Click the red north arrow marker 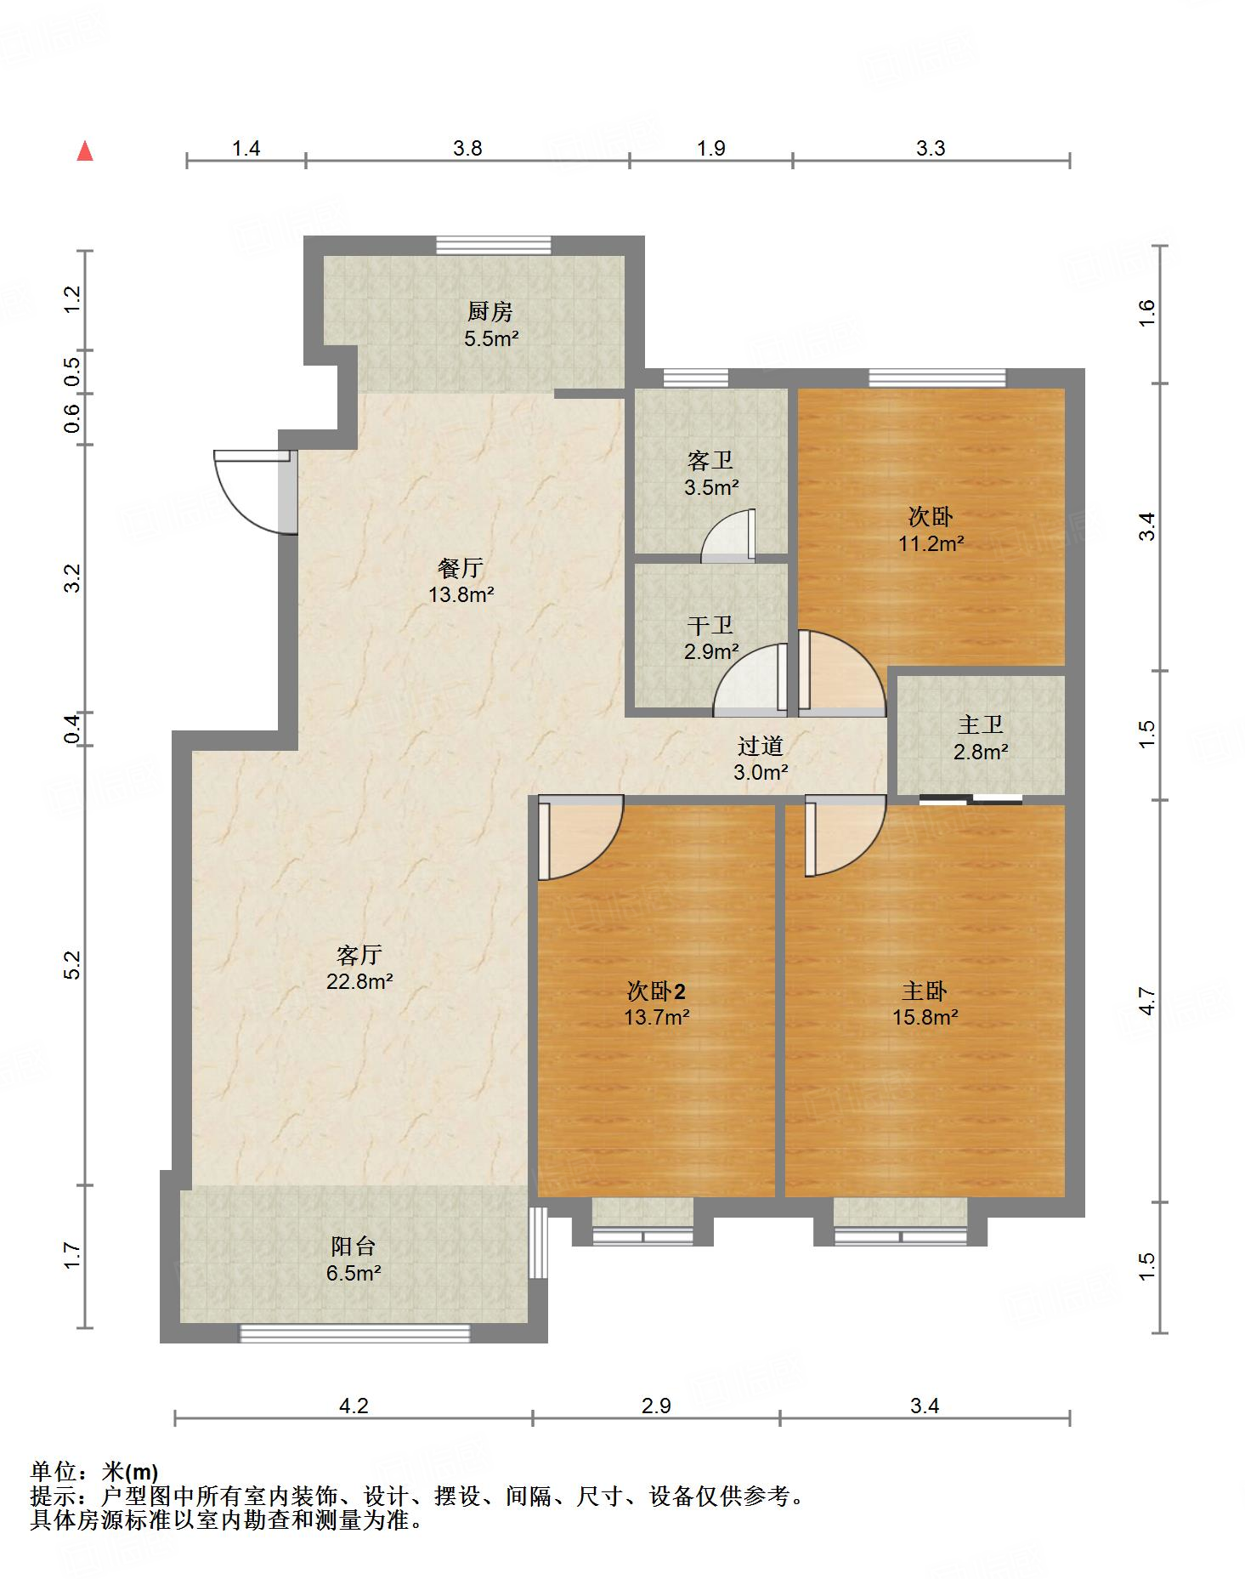coord(85,151)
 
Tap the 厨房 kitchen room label coord(490,312)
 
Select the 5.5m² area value coord(491,338)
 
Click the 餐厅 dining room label coord(461,567)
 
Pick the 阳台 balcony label coord(354,1247)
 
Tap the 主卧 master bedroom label coord(925,991)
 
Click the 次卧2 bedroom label coord(656,991)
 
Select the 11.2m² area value coord(931,543)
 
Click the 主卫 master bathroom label coord(981,724)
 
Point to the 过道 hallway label coord(760,746)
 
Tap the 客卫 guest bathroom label coord(710,461)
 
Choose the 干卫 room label coord(710,626)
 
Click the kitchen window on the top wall coord(493,245)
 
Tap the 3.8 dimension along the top coord(467,149)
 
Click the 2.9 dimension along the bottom coord(656,1406)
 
